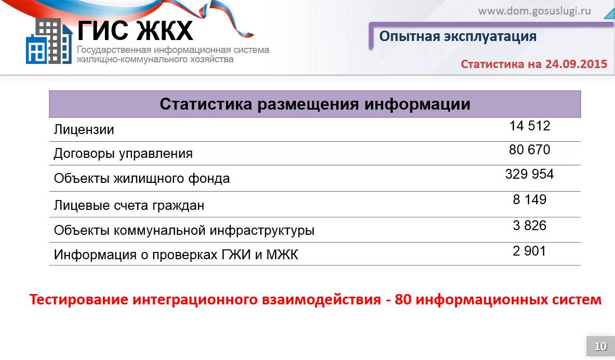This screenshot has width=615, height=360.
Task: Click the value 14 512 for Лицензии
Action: (x=529, y=126)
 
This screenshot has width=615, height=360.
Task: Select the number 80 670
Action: (x=529, y=150)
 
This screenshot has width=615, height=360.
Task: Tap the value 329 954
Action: (x=529, y=174)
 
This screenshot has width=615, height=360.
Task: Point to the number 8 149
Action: (x=529, y=199)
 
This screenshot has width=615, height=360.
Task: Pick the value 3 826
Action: (x=529, y=225)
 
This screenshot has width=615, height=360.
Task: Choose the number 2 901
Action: (x=529, y=251)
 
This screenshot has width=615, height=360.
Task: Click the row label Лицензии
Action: (x=84, y=130)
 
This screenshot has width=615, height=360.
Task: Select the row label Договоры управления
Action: (x=123, y=154)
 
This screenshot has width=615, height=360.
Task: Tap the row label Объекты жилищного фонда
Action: (x=142, y=179)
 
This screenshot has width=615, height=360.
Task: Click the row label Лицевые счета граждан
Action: (x=129, y=206)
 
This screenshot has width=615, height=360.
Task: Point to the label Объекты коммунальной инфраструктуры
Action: (x=184, y=230)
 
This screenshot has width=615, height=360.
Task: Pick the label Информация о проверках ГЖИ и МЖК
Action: (x=176, y=255)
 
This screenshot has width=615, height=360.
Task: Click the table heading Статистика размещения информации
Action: (x=315, y=104)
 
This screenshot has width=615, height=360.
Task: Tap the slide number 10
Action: (x=600, y=346)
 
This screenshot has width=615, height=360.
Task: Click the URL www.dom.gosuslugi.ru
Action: (x=534, y=11)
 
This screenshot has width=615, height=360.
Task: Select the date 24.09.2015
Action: (x=576, y=64)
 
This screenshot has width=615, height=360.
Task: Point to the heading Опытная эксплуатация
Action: (x=458, y=36)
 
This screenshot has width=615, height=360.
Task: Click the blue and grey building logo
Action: (x=49, y=41)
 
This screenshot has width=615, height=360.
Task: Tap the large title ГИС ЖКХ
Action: (x=136, y=31)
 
